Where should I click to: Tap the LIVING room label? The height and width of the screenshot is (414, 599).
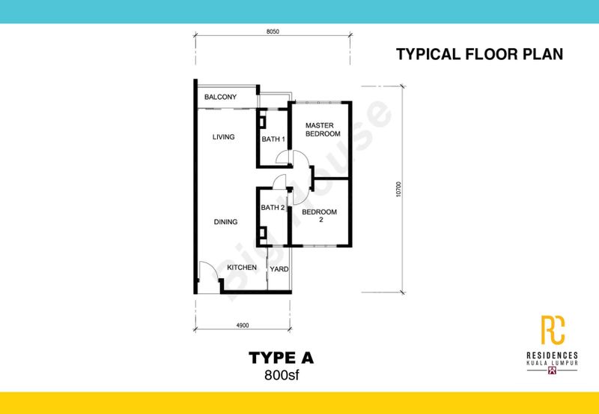pos(224,137)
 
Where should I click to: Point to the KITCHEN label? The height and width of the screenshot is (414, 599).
pos(243,268)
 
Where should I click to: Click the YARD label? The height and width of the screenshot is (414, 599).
pos(279,268)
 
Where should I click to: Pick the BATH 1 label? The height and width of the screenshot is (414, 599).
pos(273,139)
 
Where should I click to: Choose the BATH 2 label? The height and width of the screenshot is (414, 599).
pos(273,208)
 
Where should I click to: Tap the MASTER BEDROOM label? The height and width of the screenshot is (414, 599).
pos(323,129)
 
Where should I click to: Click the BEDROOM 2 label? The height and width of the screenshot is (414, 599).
pos(320,217)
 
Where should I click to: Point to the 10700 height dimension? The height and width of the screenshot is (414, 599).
pos(399,189)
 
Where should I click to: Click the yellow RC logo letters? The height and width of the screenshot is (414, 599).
pos(553,330)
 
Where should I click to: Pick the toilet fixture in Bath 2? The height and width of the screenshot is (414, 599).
pos(263,233)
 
